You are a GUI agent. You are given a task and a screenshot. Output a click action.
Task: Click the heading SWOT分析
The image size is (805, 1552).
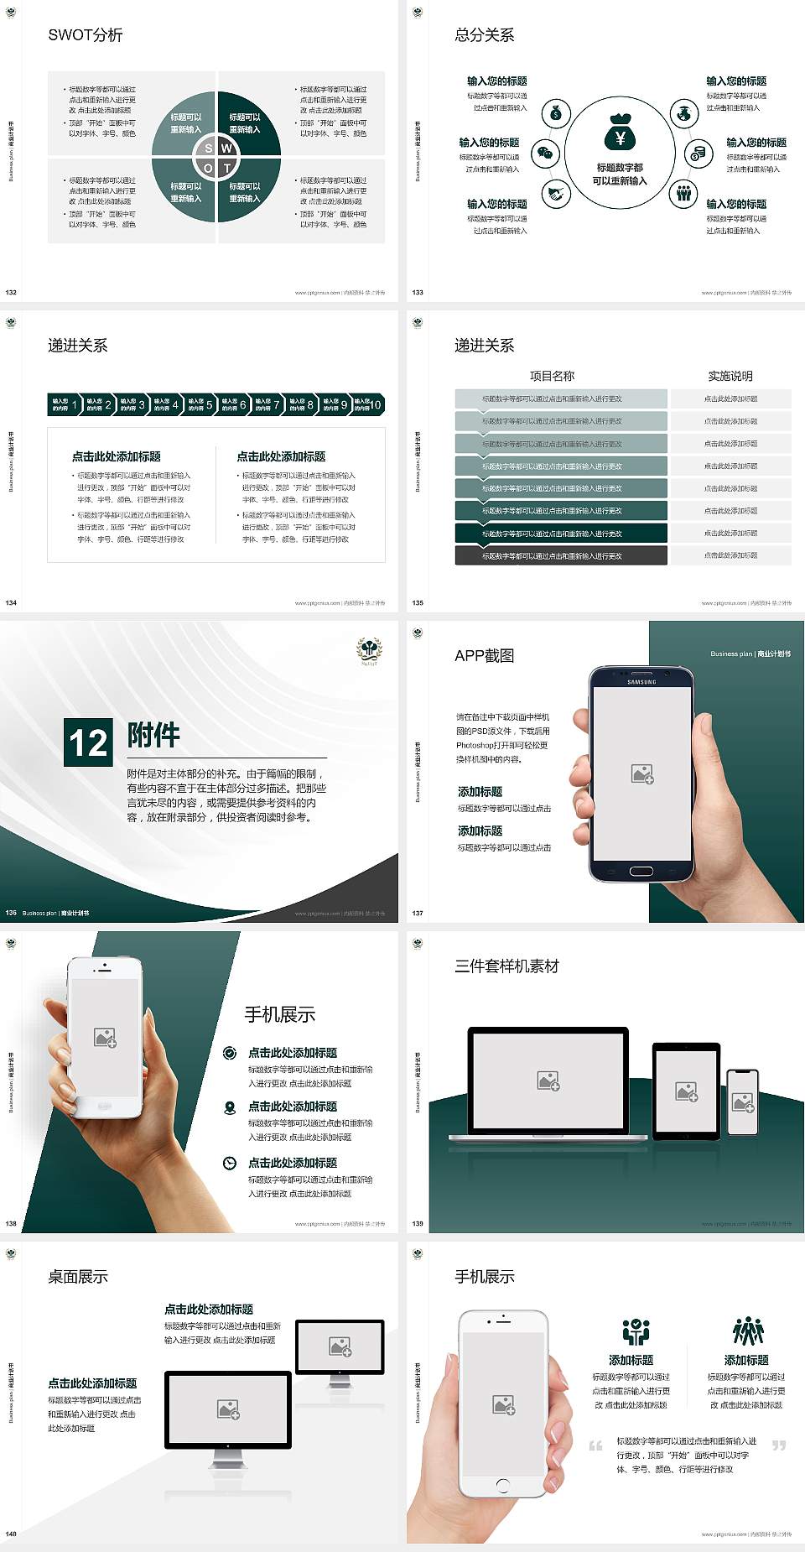click(86, 35)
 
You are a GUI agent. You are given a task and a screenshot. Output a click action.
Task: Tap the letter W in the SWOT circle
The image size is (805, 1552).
click(226, 148)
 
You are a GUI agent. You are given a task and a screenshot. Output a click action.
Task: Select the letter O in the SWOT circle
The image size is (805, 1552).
click(209, 168)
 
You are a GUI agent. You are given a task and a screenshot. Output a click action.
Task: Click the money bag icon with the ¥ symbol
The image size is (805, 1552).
click(620, 133)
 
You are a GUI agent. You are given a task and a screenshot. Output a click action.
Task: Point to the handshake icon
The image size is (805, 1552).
click(556, 194)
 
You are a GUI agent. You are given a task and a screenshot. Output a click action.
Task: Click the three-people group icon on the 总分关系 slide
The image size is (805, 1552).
click(684, 193)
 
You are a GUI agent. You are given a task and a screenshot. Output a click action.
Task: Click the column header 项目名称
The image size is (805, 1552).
click(552, 376)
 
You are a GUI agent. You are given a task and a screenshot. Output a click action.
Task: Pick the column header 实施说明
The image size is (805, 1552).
click(730, 376)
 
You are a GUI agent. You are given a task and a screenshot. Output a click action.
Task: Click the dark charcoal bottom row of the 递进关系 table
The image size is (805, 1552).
click(561, 555)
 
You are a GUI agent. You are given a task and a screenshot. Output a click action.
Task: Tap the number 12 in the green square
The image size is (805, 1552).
click(88, 742)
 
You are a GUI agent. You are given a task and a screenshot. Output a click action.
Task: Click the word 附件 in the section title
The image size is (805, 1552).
click(153, 735)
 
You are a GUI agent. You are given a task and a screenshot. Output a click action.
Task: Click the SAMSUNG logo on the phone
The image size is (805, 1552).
click(641, 682)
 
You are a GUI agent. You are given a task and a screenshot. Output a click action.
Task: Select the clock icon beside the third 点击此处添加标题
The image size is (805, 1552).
click(230, 1163)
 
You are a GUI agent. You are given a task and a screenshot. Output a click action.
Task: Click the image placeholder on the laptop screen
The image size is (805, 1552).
click(548, 1081)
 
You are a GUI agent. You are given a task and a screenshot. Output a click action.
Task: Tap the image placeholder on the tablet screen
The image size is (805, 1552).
click(686, 1091)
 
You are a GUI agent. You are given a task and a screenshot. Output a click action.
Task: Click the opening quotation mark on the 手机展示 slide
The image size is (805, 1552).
click(595, 1445)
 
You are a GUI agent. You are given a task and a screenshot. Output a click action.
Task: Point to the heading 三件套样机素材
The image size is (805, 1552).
click(506, 966)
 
